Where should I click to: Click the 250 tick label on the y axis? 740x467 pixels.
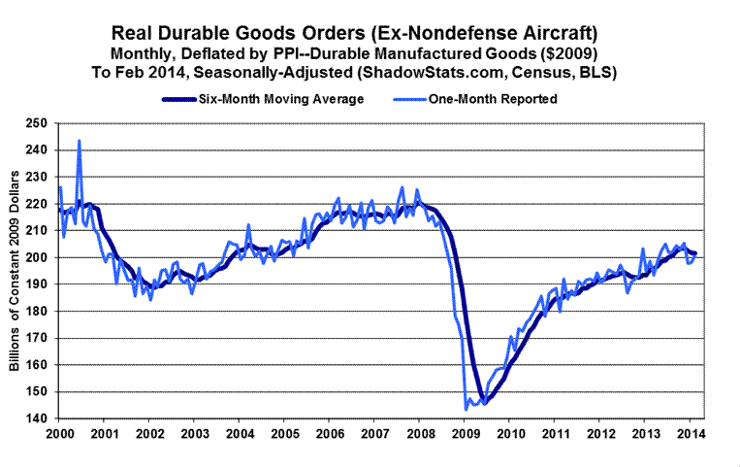tap(37, 123)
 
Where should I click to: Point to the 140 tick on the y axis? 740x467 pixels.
tap(37, 418)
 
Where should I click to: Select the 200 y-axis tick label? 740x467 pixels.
tap(37, 257)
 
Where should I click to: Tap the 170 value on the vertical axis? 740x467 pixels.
tap(37, 338)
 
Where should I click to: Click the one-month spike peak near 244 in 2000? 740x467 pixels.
tap(79, 141)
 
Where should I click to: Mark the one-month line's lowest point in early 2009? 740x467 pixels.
tap(467, 409)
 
